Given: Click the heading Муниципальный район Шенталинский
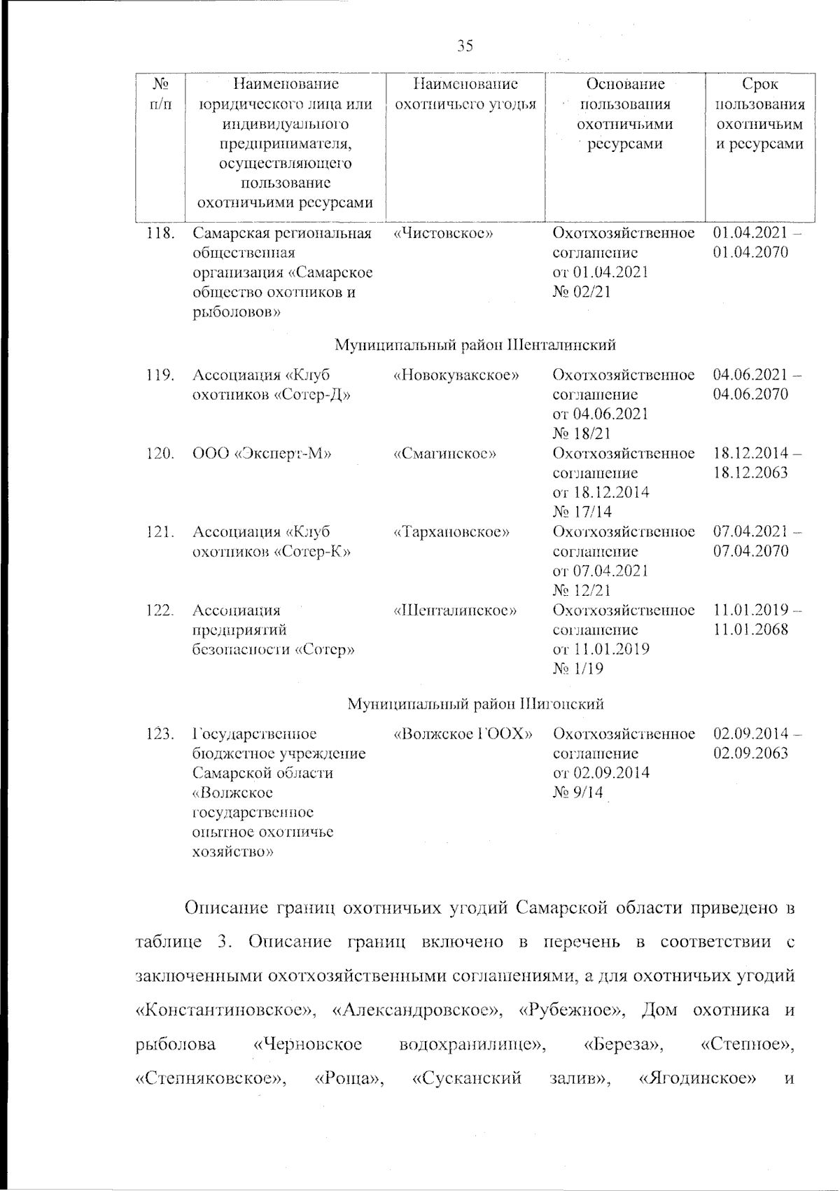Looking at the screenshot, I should pos(475,345).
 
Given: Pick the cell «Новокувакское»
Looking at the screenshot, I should pos(456,375).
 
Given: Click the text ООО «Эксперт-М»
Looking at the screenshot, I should pos(262,453).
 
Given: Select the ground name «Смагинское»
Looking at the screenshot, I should pos(445,453).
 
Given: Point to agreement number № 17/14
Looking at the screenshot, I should pos(582,511).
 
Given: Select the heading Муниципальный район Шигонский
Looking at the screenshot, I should pos(475,703).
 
